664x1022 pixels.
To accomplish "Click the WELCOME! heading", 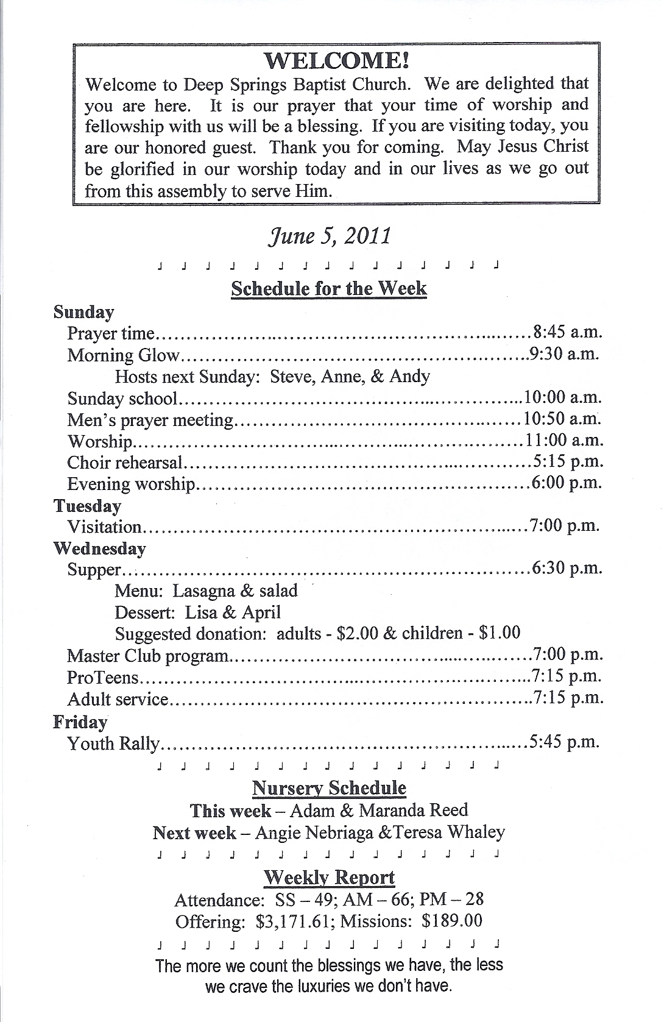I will pyautogui.click(x=336, y=60).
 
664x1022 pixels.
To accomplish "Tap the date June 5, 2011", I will pyautogui.click(x=329, y=236).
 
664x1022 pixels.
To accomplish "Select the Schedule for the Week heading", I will pyautogui.click(x=329, y=288).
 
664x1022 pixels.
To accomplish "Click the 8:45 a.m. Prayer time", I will pyautogui.click(x=567, y=332).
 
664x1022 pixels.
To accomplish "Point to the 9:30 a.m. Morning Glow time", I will pyautogui.click(x=564, y=354).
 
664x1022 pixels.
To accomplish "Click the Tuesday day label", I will pyautogui.click(x=87, y=506).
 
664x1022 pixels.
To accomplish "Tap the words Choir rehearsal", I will pyautogui.click(x=125, y=463).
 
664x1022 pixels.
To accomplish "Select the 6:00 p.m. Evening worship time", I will pyautogui.click(x=567, y=483).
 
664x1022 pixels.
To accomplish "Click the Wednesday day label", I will pyautogui.click(x=99, y=548).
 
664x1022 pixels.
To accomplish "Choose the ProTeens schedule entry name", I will pyautogui.click(x=103, y=677).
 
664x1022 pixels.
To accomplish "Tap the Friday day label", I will pyautogui.click(x=80, y=722).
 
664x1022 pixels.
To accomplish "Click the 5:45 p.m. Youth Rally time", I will pyautogui.click(x=565, y=742).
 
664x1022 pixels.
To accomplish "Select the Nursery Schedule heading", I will pyautogui.click(x=329, y=788).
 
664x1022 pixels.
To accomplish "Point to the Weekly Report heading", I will pyautogui.click(x=329, y=878).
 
